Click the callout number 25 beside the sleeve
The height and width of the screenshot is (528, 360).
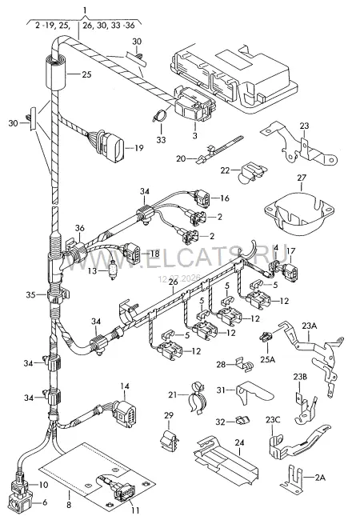[x=86, y=74]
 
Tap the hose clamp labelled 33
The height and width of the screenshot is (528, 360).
[x=159, y=115]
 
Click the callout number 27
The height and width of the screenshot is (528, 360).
[x=301, y=178]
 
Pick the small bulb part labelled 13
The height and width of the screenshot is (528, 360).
[x=113, y=270]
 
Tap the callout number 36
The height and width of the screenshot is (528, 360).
[x=80, y=228]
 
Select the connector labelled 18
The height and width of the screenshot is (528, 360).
[x=132, y=253]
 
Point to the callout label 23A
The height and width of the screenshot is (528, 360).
[x=310, y=326]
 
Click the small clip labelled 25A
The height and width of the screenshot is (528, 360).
[x=266, y=336]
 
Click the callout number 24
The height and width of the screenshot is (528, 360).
[x=239, y=442]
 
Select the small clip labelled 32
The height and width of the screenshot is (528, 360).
[x=243, y=420]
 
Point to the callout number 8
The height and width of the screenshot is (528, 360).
[x=69, y=505]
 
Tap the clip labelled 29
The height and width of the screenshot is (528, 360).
[x=168, y=440]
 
